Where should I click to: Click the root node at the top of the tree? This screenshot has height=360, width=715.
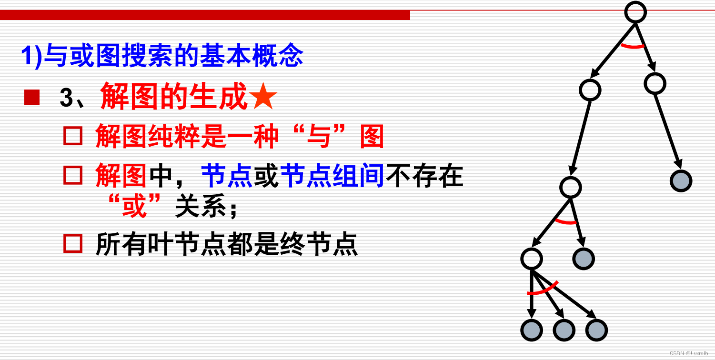[635, 12]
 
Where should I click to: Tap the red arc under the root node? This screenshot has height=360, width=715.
[633, 47]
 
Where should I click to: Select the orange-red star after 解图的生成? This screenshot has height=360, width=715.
[263, 96]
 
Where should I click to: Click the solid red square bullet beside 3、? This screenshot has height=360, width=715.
[32, 97]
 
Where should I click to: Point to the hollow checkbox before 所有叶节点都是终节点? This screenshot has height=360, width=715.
[73, 243]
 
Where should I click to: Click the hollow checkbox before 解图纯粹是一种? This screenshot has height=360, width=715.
[73, 136]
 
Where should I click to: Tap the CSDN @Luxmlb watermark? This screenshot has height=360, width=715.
[688, 353]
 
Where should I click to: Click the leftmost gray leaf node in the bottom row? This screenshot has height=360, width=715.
[532, 330]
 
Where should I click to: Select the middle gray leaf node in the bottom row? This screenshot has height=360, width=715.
[564, 330]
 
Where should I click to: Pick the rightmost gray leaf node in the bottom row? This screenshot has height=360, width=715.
[596, 330]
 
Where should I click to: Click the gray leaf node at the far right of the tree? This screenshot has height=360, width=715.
[681, 181]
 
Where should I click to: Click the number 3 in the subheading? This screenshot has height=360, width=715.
[66, 97]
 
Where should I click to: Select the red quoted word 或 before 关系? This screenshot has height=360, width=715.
[134, 206]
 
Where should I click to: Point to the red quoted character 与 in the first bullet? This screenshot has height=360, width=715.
[319, 136]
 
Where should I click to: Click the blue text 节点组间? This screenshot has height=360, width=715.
[332, 175]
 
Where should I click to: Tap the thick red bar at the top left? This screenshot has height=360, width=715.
[205, 15]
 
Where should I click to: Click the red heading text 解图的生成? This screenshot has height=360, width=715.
[174, 96]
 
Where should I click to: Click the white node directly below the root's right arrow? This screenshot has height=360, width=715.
[655, 84]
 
